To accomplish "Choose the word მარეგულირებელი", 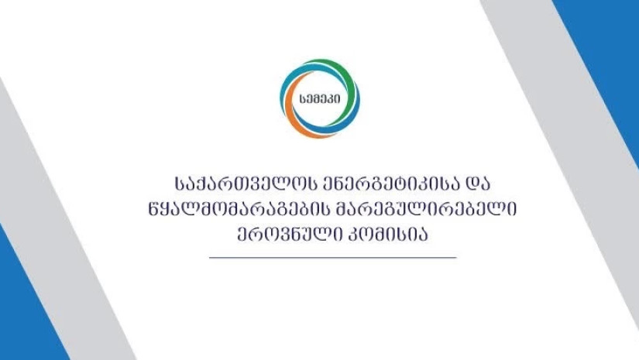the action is (x=426, y=210).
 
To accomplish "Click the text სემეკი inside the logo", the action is (x=320, y=99).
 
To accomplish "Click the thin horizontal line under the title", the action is (x=332, y=257).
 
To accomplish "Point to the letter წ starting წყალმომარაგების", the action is (x=153, y=210).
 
